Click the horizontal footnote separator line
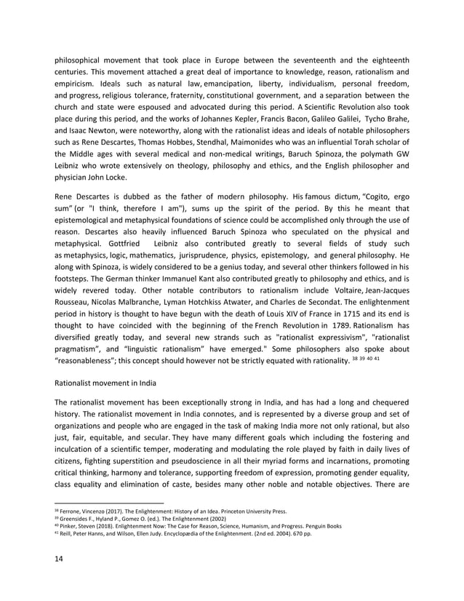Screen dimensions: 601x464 (109, 502)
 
